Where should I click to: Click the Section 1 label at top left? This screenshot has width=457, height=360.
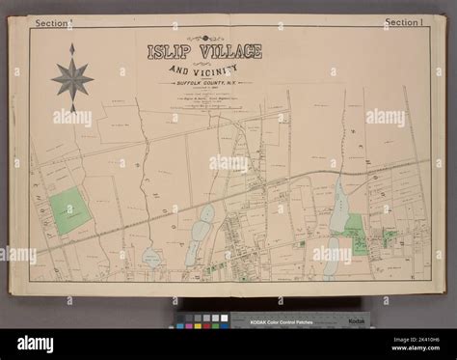[x=52, y=21]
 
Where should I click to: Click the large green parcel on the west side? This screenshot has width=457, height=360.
[x=67, y=209]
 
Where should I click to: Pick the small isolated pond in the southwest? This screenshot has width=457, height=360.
[x=152, y=258]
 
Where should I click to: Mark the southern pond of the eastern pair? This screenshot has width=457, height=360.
[x=330, y=250]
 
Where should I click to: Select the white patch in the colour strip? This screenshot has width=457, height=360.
[x=225, y=318]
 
